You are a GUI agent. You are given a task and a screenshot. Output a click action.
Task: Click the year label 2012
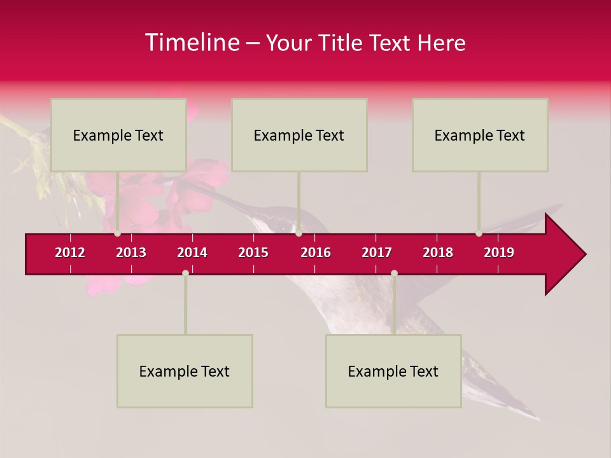(x=70, y=253)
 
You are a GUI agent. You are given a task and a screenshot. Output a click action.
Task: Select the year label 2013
(x=131, y=253)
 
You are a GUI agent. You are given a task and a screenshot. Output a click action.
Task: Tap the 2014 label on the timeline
(x=192, y=253)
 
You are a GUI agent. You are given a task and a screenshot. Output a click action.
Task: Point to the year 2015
(x=253, y=253)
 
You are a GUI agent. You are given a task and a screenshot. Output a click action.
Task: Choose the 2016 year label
(x=316, y=253)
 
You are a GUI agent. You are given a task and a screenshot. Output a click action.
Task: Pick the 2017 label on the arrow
(x=377, y=253)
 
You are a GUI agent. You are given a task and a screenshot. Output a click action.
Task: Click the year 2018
(x=438, y=253)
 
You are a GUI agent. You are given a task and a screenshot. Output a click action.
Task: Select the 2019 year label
(x=499, y=253)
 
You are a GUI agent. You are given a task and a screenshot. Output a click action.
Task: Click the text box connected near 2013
(x=118, y=135)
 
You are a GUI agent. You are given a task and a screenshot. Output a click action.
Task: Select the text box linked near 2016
(x=299, y=135)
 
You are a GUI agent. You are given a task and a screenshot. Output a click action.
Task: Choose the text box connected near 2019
(x=480, y=135)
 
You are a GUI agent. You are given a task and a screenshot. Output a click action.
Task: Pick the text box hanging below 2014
(x=185, y=371)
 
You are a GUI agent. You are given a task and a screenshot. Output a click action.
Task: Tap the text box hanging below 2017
(x=393, y=371)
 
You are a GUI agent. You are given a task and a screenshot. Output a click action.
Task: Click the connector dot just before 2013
(x=117, y=233)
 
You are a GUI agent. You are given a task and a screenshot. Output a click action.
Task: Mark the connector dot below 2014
(x=185, y=273)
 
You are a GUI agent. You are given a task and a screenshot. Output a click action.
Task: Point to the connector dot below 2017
(x=394, y=273)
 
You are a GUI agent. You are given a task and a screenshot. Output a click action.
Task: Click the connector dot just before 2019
(x=479, y=233)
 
